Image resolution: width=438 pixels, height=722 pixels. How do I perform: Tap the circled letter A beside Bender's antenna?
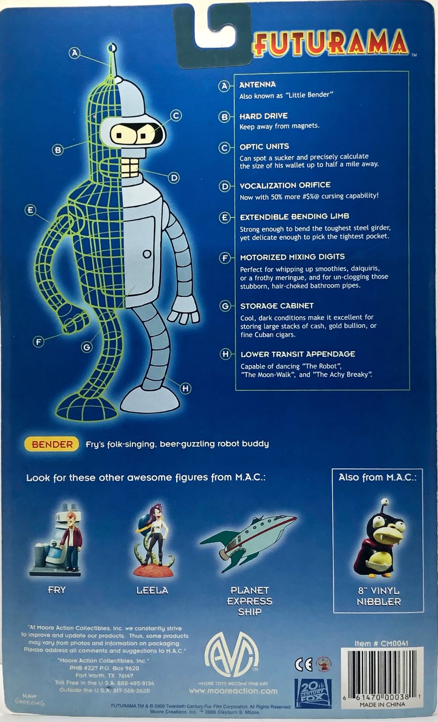coord(75,53)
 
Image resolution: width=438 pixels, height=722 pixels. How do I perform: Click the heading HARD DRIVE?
coord(263,116)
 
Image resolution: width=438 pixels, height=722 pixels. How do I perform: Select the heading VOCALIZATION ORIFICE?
coord(285,185)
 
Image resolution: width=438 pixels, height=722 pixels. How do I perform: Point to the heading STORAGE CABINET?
coord(277,306)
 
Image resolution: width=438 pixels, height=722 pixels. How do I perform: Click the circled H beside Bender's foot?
coord(185,388)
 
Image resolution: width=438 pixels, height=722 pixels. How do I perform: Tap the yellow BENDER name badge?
coord(52,444)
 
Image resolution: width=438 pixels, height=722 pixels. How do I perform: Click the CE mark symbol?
coord(303,664)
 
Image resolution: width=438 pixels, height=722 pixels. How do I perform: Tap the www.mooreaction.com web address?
coord(233,691)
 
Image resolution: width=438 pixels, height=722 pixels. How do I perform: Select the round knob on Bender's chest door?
coord(147,254)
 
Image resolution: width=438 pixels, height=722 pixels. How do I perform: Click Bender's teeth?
coord(129,167)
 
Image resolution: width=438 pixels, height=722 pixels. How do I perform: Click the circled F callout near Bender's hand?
coord(39,342)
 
